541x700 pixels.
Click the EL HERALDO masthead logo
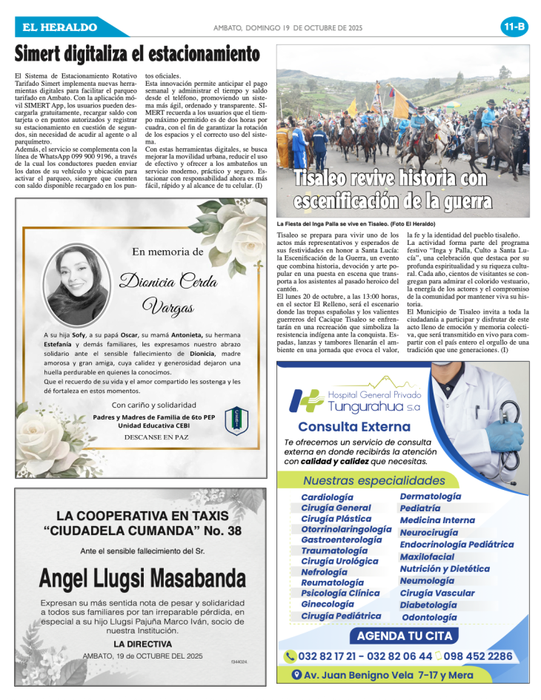click(x=60, y=27)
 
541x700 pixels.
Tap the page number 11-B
click(x=514, y=27)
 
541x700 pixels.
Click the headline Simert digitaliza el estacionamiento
click(x=138, y=55)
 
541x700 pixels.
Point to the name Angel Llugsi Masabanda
click(x=142, y=578)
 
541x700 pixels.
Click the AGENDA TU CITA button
click(x=404, y=636)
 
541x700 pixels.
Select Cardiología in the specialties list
click(x=327, y=497)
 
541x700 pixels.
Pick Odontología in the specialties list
click(x=429, y=617)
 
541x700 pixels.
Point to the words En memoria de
click(x=167, y=252)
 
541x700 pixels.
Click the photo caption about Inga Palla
click(x=356, y=223)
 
